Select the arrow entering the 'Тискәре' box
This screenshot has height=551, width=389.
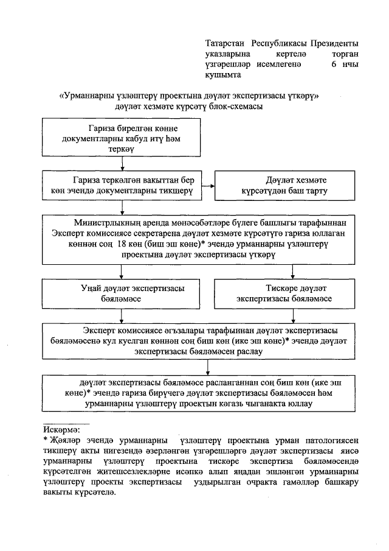tap(294, 272)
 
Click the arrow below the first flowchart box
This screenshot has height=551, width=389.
tap(123, 163)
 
